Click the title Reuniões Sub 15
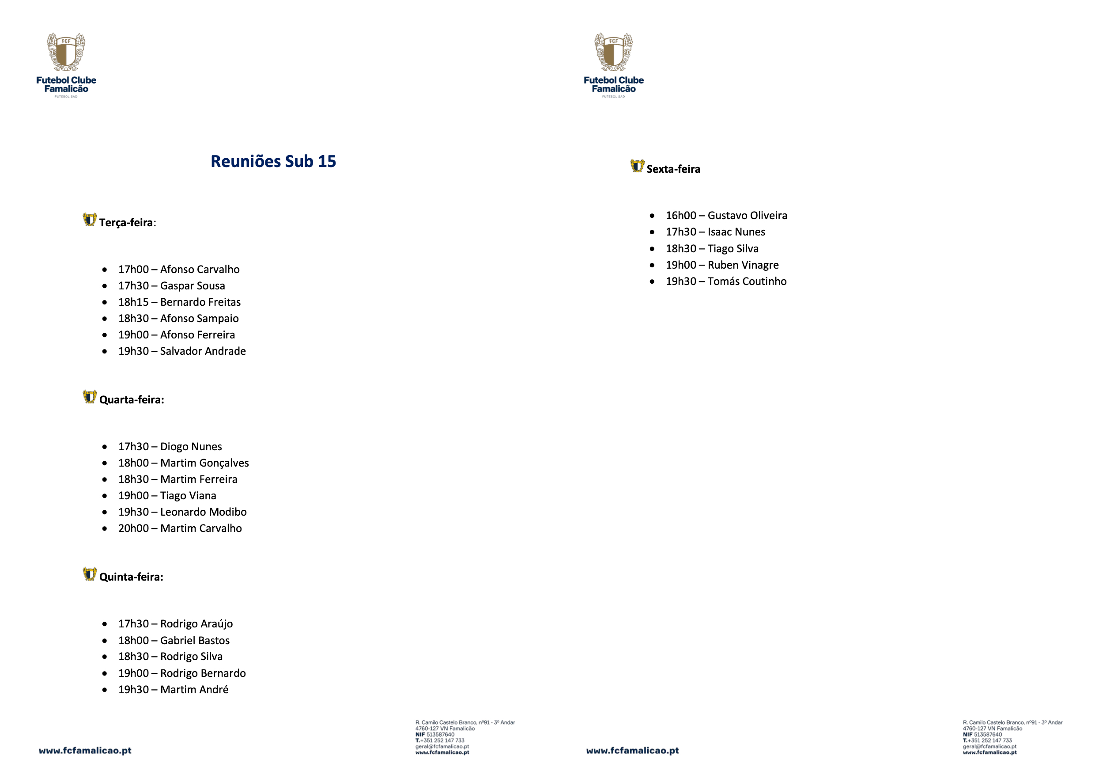tap(273, 161)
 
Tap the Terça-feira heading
tap(127, 222)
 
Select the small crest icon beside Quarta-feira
tap(90, 397)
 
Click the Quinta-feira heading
tap(131, 577)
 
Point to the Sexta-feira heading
tap(673, 169)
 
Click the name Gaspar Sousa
tap(193, 286)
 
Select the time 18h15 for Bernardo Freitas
tap(133, 302)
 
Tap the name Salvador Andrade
tap(203, 351)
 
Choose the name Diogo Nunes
tap(191, 447)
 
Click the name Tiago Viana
tap(189, 496)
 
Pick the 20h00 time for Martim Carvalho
tap(133, 528)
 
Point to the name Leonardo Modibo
tap(204, 512)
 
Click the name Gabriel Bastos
tap(195, 640)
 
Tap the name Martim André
tap(195, 690)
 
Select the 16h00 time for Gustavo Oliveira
tap(681, 216)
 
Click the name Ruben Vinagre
tap(743, 265)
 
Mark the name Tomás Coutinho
tap(747, 281)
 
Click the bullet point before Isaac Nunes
tap(652, 232)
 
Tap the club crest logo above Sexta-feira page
tap(613, 53)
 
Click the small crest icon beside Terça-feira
tap(90, 220)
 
